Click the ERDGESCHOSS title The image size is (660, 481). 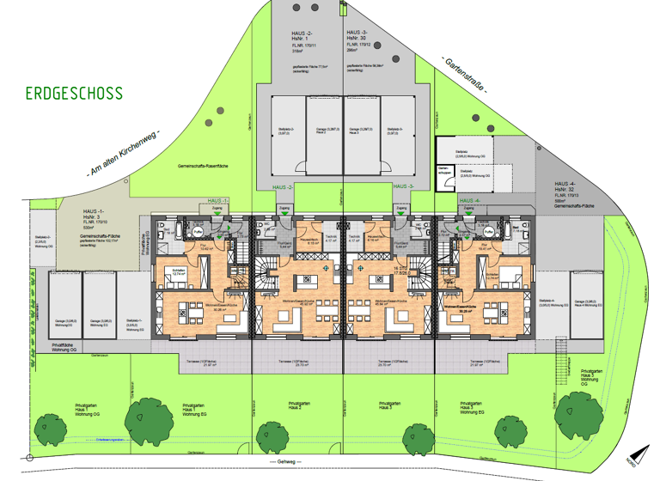[74, 93]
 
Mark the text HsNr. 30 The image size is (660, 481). [357, 40]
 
